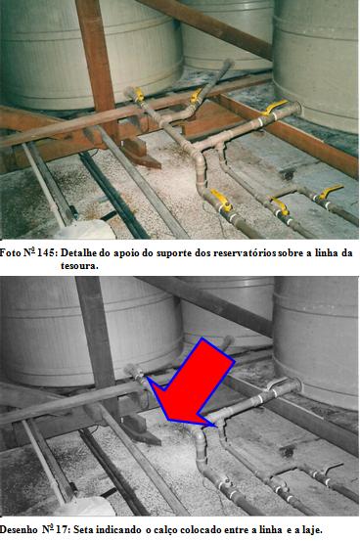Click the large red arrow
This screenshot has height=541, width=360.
pos(194,384)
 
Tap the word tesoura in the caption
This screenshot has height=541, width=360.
pos(78,266)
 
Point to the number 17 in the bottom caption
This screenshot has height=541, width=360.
pos(64,529)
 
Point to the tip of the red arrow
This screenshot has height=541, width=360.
pos(217,427)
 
